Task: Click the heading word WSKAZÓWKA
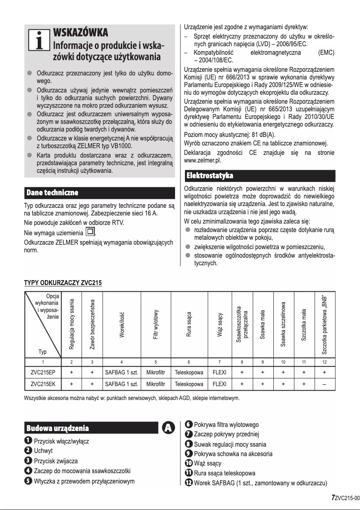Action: [x=80, y=33]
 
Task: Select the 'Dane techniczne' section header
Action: [x=53, y=193]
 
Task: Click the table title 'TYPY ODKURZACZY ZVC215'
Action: [x=63, y=283]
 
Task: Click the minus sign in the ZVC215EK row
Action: [x=324, y=384]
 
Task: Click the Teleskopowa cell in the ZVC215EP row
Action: [x=189, y=372]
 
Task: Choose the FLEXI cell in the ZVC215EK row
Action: [x=220, y=384]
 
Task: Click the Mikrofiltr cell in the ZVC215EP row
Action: [x=155, y=372]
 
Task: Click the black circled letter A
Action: [x=169, y=428]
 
